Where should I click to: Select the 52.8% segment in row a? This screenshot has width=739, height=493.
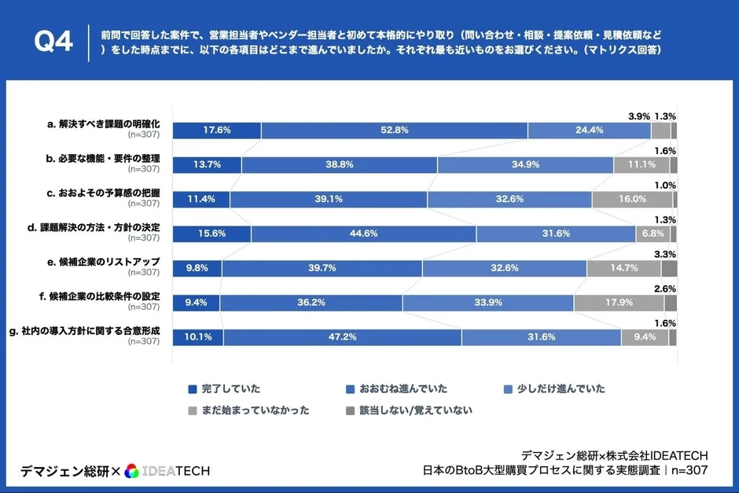pos(394,131)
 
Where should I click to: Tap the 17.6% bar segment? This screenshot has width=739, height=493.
pos(216,131)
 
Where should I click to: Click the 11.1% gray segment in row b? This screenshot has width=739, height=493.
pos(642,165)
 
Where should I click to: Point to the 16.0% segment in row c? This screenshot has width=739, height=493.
pos(632,200)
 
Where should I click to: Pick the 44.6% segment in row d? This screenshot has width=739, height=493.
pos(363,234)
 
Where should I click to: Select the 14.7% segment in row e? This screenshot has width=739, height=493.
pos(623,268)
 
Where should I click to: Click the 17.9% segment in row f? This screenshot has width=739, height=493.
pos(619,303)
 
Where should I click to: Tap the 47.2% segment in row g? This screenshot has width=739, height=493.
pos(342,337)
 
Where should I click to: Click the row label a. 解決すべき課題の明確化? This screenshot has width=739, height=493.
pos(103,124)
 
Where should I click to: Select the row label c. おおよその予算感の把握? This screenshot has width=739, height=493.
pos(103,193)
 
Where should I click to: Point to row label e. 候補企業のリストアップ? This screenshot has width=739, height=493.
pos(105,262)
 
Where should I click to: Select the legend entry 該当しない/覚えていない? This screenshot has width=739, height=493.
pos(417,410)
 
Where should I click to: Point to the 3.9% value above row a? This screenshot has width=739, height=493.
pos(638,116)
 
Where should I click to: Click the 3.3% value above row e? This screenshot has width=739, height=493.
pos(665,254)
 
